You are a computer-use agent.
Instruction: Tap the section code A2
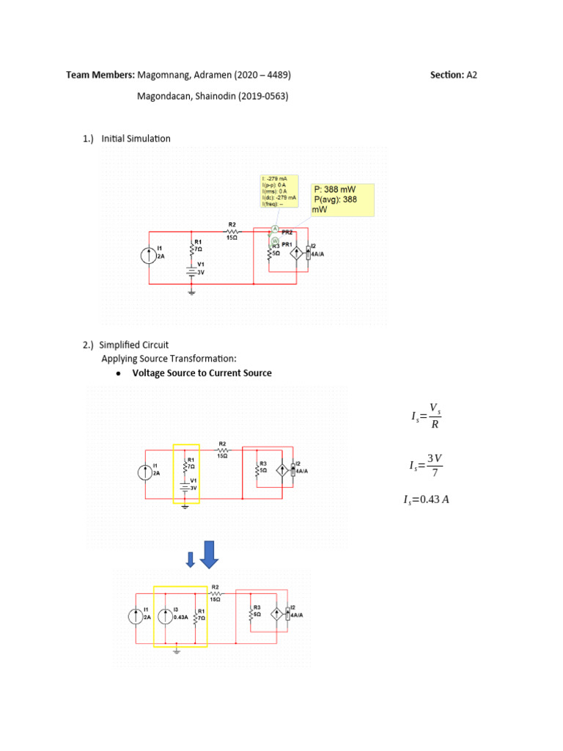pos(472,75)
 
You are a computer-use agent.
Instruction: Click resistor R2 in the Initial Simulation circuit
pos(232,229)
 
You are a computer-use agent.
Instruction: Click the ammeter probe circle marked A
pos(275,230)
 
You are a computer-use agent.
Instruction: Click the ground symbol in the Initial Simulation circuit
pos(192,292)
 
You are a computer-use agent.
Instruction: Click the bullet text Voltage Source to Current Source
pos(202,373)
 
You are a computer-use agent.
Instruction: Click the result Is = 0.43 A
pos(427,500)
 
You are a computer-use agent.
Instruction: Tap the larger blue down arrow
pos(210,554)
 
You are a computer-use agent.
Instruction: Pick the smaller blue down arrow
pos(191,560)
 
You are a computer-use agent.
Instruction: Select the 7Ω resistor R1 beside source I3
pos(195,615)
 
